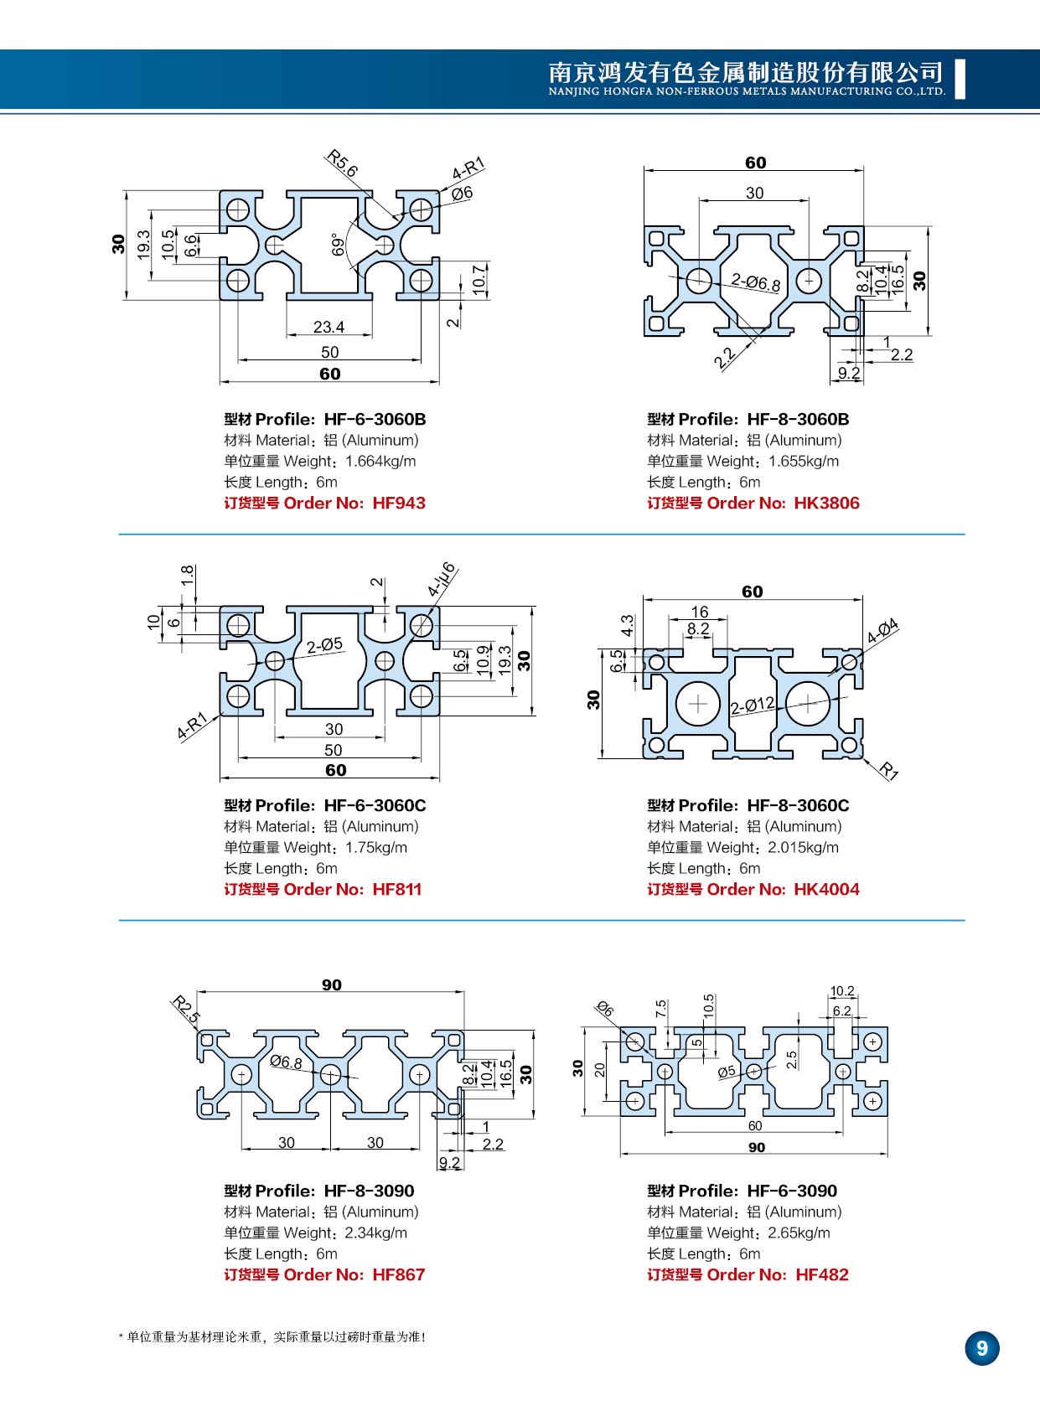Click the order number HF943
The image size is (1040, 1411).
[x=399, y=503]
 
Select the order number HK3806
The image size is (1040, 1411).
[x=826, y=503]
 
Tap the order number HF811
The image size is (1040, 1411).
[x=397, y=889]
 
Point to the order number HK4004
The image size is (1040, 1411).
[x=826, y=889]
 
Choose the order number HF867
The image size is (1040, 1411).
[x=399, y=1274]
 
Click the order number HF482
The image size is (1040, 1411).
[x=822, y=1274]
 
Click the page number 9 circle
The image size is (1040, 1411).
[x=982, y=1348]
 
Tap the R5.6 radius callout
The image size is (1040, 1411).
[x=342, y=163]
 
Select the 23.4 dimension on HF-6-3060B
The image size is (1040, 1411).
[x=329, y=327]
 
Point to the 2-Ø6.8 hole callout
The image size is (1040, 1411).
[x=755, y=282]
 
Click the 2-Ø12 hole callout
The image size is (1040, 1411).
[x=752, y=705]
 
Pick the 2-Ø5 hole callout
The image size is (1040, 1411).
[x=324, y=644]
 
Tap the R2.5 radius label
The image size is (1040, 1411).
[x=186, y=1009]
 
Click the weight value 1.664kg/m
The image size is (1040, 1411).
[x=380, y=461]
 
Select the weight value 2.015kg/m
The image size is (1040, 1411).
[x=803, y=847]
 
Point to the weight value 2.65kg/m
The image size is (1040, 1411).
[x=799, y=1233]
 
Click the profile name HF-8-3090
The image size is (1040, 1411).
[x=369, y=1191]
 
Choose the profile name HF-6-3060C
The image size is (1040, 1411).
[x=375, y=805]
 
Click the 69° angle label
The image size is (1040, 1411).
[x=338, y=244]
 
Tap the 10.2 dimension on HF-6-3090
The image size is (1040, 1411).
[x=842, y=991]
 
